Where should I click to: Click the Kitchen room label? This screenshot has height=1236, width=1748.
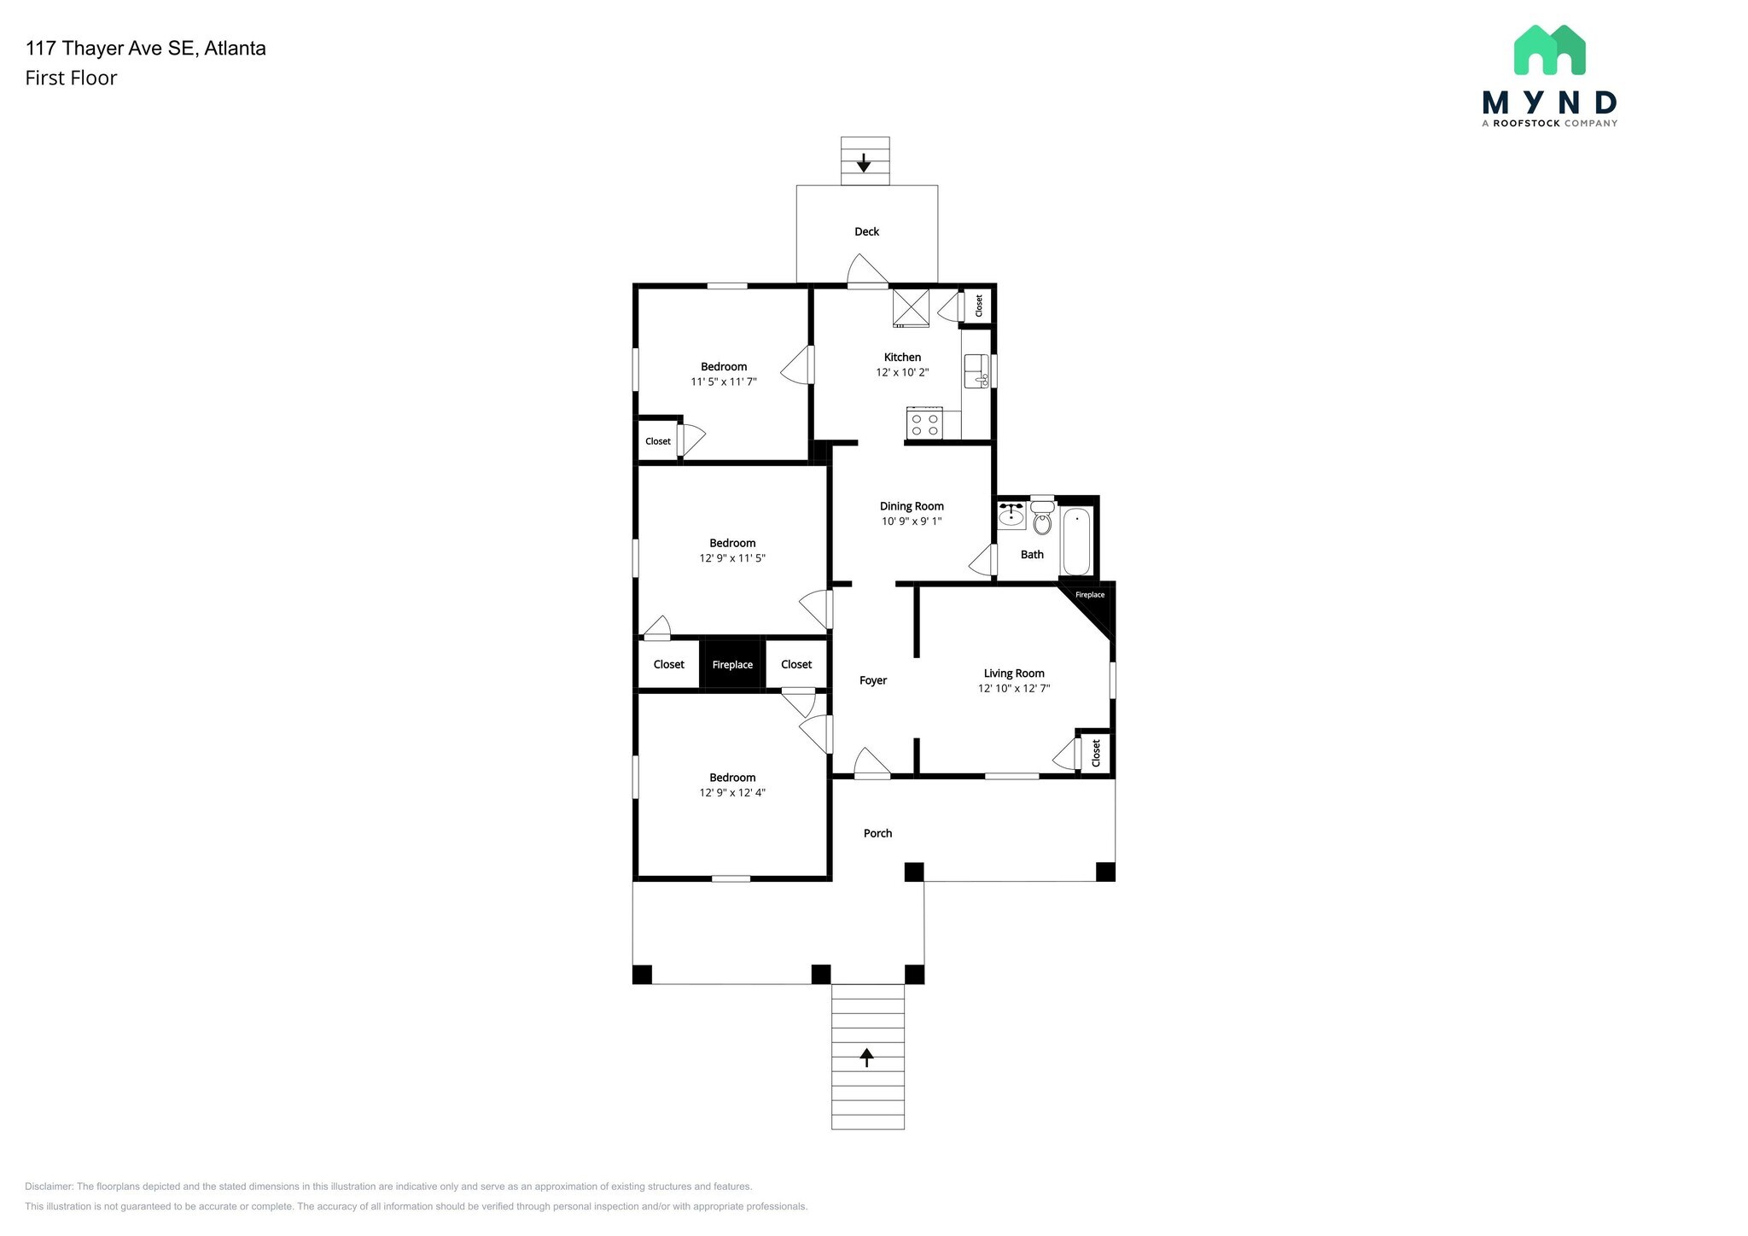pyautogui.click(x=902, y=358)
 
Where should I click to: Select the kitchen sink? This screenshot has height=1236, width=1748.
pyautogui.click(x=976, y=371)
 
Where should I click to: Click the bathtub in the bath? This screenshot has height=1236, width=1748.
pyautogui.click(x=1076, y=542)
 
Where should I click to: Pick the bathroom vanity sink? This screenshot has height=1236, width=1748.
pyautogui.click(x=1011, y=516)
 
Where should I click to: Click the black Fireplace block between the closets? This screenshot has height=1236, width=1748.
pyautogui.click(x=732, y=664)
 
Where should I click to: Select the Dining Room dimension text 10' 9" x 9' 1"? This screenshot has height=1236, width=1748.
pyautogui.click(x=912, y=522)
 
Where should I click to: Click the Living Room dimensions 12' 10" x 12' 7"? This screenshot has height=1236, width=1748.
pyautogui.click(x=1014, y=688)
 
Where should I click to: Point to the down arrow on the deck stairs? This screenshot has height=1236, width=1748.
pyautogui.click(x=864, y=162)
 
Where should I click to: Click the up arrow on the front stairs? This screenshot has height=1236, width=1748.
pyautogui.click(x=867, y=1058)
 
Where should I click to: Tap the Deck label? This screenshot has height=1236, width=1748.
pyautogui.click(x=866, y=231)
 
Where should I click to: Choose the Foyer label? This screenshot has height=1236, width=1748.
pyautogui.click(x=873, y=680)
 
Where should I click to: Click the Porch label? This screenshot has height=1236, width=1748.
pyautogui.click(x=877, y=833)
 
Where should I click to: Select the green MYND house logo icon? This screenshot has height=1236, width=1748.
pyautogui.click(x=1549, y=50)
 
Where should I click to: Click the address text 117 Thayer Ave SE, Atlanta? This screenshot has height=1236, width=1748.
pyautogui.click(x=146, y=49)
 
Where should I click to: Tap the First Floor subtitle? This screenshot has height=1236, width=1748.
pyautogui.click(x=71, y=79)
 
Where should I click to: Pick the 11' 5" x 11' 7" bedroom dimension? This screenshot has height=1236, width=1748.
pyautogui.click(x=724, y=382)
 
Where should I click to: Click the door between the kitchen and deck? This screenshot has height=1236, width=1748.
pyautogui.click(x=868, y=271)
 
